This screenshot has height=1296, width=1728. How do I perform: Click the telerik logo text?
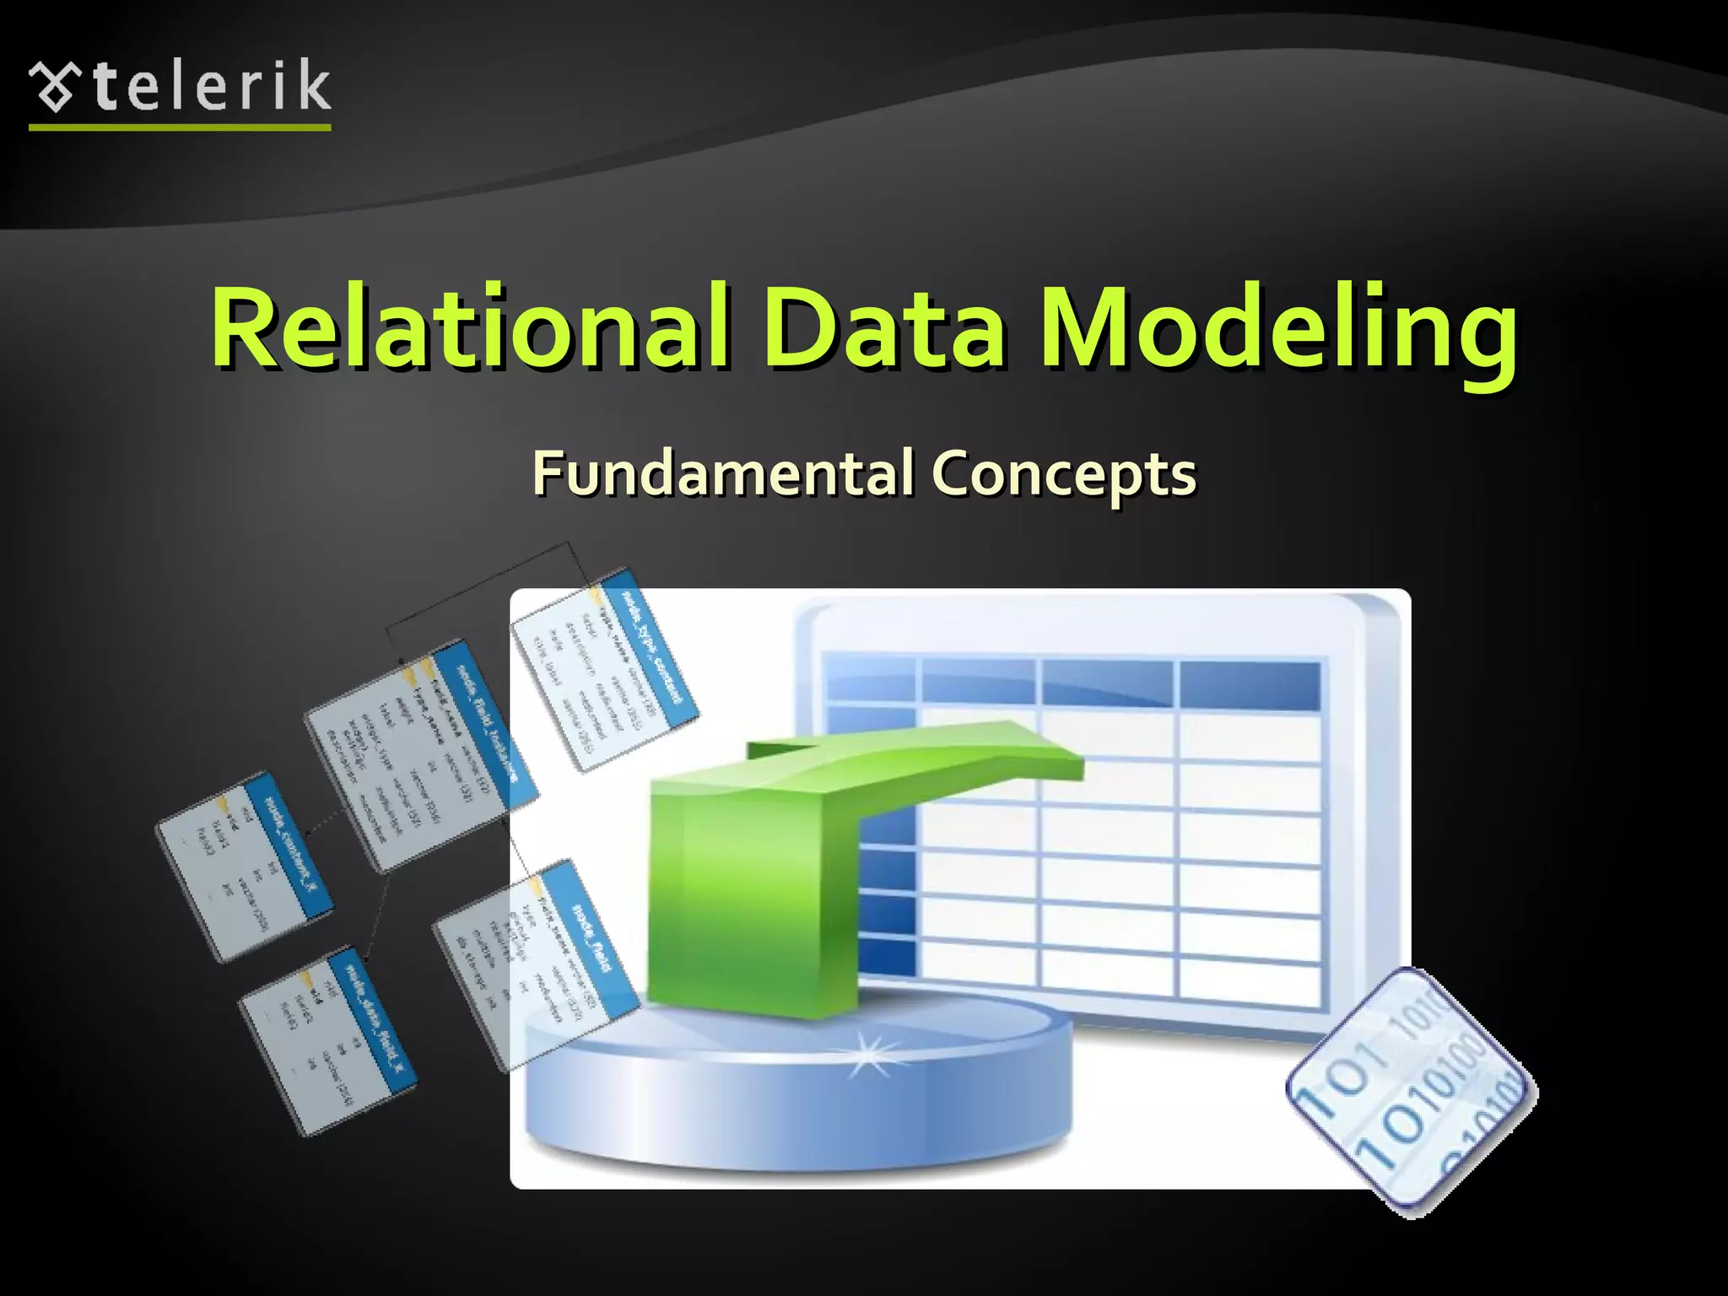click(x=211, y=86)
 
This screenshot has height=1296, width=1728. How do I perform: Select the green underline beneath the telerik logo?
click(x=179, y=127)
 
